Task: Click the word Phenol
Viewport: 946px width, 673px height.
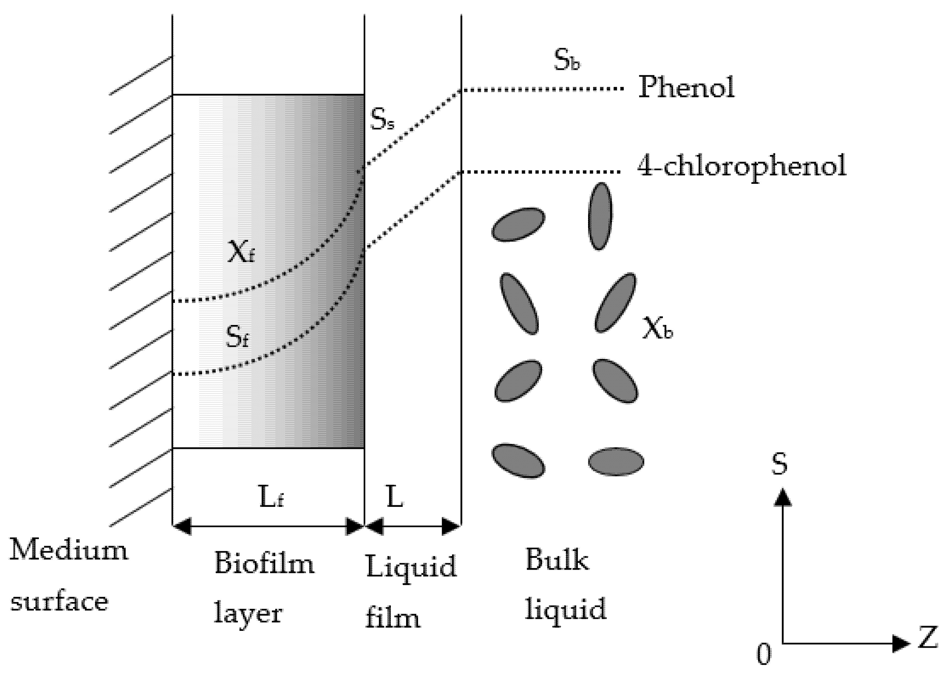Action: tap(686, 88)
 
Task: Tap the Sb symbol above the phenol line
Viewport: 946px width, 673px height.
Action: tap(567, 61)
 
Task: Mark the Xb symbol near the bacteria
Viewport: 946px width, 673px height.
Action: tap(657, 329)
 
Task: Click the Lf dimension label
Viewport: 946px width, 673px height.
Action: tap(271, 497)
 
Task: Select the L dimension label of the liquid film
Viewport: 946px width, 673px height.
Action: tap(395, 497)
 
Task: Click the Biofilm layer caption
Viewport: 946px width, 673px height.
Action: tap(264, 588)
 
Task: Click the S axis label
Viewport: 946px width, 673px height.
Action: tap(779, 464)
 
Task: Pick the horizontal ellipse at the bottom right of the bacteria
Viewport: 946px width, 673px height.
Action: tap(616, 461)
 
